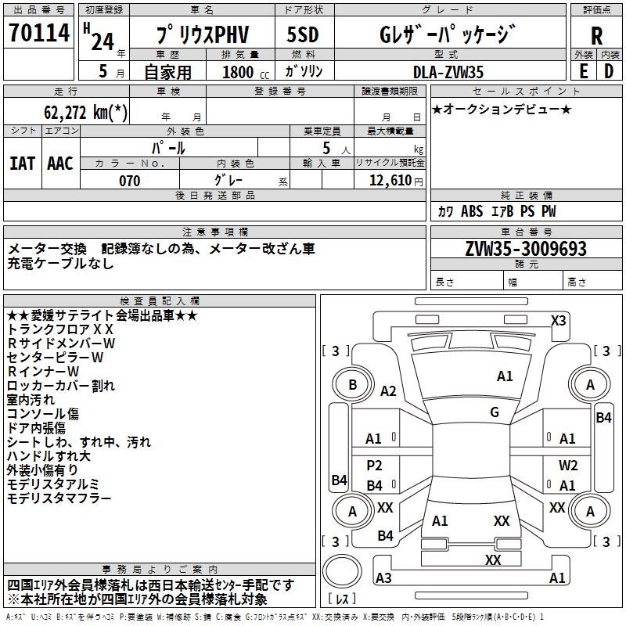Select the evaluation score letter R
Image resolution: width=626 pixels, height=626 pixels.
pos(596,35)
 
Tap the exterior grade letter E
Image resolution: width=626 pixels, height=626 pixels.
pos(583,70)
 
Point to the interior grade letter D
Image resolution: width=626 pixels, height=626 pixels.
pos(609,70)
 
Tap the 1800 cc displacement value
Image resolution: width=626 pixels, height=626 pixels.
pos(242,72)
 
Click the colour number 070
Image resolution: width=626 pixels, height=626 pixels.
pos(129,181)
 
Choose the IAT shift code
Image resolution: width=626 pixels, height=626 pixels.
pos(22,163)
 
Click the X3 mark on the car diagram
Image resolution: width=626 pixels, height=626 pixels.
pos(558,320)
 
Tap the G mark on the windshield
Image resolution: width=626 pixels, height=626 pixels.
pos(495,412)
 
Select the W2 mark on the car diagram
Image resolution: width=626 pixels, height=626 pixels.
pos(568,465)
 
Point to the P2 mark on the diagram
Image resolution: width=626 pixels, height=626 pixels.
pos(375,465)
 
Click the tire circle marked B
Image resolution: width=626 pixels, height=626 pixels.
pos(352,384)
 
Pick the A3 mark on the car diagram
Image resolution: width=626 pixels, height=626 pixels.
pos(383,578)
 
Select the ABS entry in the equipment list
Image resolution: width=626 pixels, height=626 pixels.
pos(472,211)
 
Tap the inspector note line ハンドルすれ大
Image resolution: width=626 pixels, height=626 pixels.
pos(49,455)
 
